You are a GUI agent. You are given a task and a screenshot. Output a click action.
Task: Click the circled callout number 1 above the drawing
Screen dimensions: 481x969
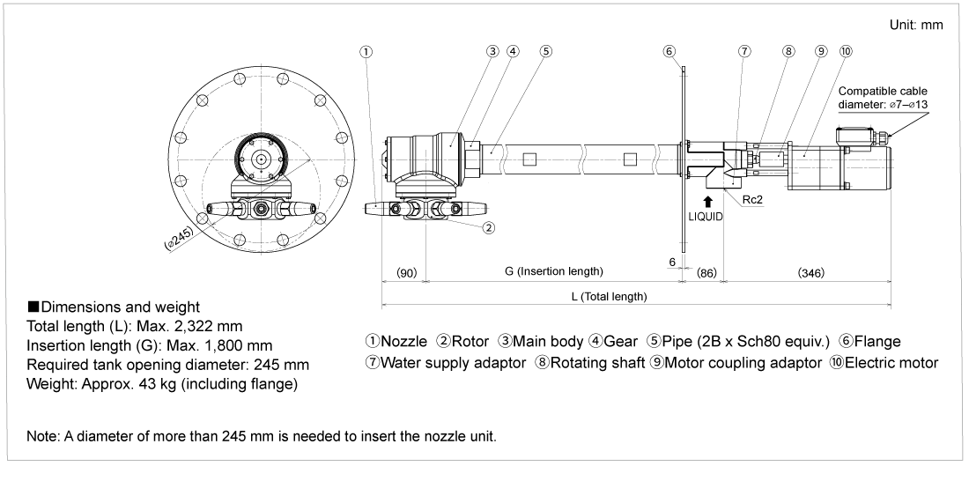tap(364, 50)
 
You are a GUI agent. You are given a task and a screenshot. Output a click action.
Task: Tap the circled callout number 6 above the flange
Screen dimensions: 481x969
tap(669, 50)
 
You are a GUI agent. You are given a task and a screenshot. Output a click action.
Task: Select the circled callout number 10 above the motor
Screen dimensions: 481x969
tap(846, 50)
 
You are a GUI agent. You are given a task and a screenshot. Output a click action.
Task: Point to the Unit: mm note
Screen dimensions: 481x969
tap(918, 25)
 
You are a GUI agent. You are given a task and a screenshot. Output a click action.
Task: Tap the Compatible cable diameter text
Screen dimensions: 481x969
tap(882, 97)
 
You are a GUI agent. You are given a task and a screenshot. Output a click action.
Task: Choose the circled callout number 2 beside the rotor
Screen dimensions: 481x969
tap(487, 226)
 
